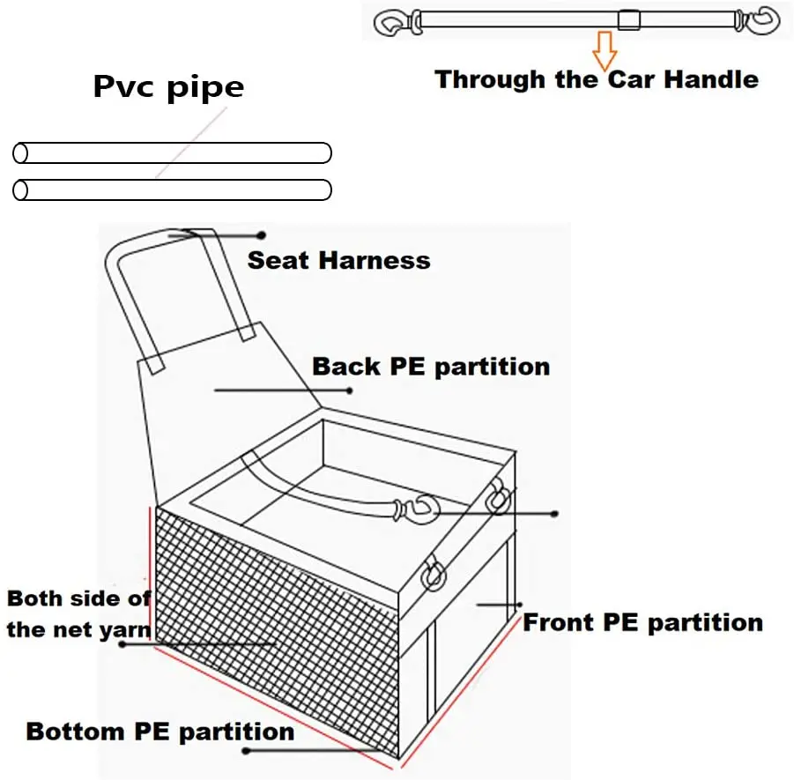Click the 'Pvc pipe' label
point(168,87)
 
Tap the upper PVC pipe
point(173,153)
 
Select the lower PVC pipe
point(173,189)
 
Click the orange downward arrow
point(604,49)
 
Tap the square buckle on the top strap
point(627,19)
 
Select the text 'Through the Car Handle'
point(597,79)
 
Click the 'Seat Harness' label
point(338,260)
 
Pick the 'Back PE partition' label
point(431,367)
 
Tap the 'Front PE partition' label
point(642,622)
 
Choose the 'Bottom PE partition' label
point(160,732)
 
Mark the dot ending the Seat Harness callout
point(261,235)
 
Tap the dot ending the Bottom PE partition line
point(246,751)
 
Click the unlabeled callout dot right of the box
point(554,513)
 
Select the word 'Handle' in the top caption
point(710,79)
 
